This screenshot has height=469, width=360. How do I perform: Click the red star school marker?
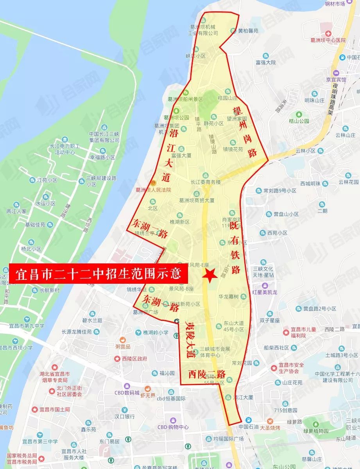point(210,275)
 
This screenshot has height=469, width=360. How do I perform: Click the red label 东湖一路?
point(150,229)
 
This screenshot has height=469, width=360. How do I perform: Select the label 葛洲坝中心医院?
point(328,40)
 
